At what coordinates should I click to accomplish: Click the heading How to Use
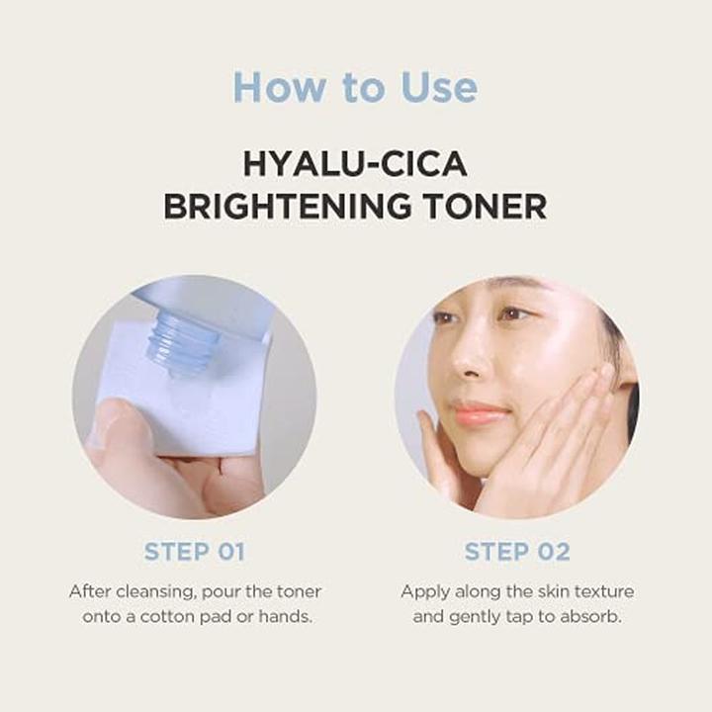(x=355, y=88)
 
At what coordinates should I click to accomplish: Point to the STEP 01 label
(x=194, y=552)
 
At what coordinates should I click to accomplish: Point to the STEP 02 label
(x=516, y=552)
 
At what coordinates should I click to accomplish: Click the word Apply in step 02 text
(x=423, y=591)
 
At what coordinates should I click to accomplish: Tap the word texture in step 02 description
(x=601, y=591)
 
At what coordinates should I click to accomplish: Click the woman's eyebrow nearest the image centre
(x=450, y=307)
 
